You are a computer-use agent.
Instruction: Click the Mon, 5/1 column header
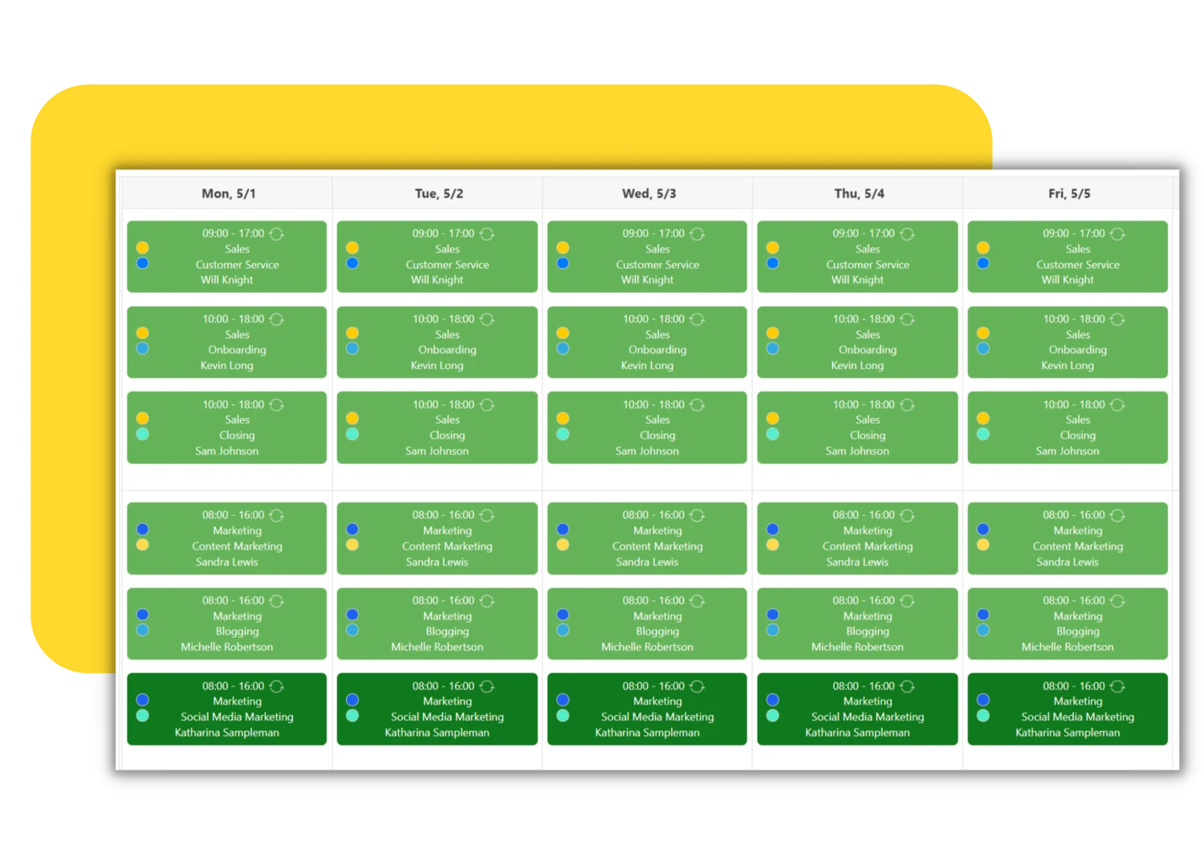point(229,193)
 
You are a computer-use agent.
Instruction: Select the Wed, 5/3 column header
point(649,193)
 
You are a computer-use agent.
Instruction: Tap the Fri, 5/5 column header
point(1069,193)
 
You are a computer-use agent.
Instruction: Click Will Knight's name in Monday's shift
point(227,280)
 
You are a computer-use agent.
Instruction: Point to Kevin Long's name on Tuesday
point(437,365)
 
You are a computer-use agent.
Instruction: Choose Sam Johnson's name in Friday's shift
point(1068,451)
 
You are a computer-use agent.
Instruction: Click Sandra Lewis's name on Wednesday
point(647,562)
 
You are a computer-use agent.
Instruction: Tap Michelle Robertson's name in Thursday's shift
point(857,647)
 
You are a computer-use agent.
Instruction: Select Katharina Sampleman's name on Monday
point(227,733)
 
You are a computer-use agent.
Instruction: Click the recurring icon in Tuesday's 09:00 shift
point(487,234)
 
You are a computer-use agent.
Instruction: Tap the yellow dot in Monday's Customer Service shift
point(142,248)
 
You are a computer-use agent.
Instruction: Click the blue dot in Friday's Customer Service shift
point(983,263)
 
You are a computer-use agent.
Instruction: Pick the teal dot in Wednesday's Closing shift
point(563,434)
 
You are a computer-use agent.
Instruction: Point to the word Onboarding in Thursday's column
point(868,350)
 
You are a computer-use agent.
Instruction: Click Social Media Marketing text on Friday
point(1078,717)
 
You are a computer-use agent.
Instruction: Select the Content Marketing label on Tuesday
point(447,546)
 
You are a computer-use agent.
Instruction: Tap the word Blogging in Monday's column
point(237,631)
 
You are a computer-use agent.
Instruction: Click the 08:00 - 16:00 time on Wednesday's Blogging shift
point(653,601)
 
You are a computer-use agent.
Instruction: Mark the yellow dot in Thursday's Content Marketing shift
point(772,545)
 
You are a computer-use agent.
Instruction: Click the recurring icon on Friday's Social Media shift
point(1117,686)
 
